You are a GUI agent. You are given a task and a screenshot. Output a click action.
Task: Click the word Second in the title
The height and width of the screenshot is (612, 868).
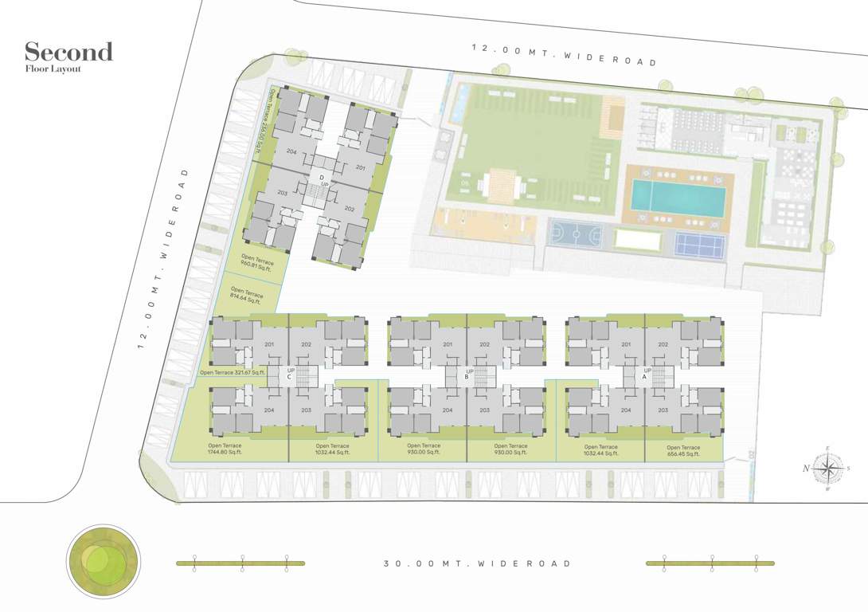pos(68,53)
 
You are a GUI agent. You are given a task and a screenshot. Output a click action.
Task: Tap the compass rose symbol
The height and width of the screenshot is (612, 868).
pos(828,469)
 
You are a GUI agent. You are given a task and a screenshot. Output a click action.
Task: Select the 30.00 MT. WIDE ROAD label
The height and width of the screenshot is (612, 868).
pos(477,563)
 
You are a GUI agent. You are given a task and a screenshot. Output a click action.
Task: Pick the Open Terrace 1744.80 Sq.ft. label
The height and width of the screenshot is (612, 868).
pos(225,449)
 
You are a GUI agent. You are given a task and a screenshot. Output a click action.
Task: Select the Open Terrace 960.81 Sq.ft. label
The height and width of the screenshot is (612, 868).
pos(257,266)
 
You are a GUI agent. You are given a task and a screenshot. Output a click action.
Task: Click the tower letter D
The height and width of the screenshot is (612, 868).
pos(321,176)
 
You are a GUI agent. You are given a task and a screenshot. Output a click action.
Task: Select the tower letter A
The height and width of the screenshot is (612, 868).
pos(644,378)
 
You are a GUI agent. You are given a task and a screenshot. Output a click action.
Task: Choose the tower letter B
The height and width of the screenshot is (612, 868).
pos(466,378)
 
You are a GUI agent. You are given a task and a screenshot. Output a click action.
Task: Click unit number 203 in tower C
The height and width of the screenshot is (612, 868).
pos(306,410)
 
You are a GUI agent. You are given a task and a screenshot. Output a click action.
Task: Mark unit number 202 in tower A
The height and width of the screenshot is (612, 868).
pos(663,344)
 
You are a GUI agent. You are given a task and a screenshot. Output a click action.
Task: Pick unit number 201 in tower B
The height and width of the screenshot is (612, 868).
pos(448,344)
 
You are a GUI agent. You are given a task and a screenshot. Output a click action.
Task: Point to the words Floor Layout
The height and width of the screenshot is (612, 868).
pos(53,69)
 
